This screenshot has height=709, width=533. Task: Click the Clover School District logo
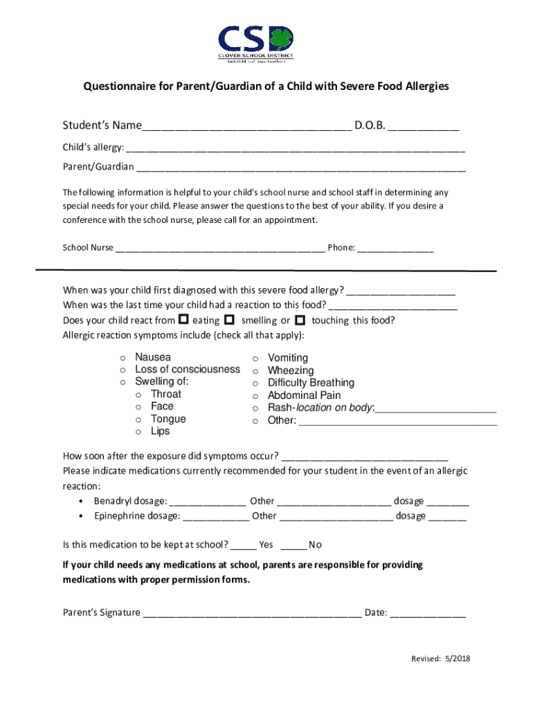pos(256,44)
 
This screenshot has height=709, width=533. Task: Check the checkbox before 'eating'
pos(183,319)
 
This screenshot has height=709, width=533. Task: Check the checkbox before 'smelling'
pos(228,319)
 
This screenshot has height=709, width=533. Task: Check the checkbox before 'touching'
pos(300,319)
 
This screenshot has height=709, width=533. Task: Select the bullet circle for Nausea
pos(123,357)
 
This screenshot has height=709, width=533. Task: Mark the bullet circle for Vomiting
pos(255,358)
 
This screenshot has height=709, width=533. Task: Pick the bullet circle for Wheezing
pos(255,371)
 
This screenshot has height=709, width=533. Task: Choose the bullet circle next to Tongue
pos(138,420)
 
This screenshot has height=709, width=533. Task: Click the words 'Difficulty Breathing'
pos(311,383)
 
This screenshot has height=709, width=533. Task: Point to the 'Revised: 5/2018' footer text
pos(440,659)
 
